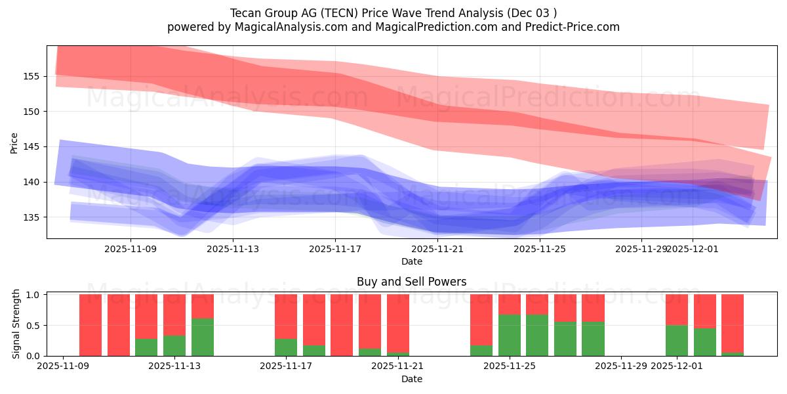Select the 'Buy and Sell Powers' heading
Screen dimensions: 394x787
(x=411, y=282)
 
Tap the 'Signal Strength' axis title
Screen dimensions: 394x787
(x=17, y=324)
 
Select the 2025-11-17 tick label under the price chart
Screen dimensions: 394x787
(x=335, y=249)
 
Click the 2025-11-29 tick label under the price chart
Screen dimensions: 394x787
(x=641, y=249)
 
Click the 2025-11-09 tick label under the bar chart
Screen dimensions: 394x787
(x=63, y=366)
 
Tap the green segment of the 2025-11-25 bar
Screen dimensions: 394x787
(x=510, y=335)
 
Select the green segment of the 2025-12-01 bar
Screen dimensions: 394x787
(x=677, y=340)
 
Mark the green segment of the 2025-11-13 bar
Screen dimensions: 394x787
(x=203, y=337)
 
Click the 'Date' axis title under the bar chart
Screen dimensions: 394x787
(x=411, y=379)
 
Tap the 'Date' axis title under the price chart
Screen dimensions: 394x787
(x=411, y=261)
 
